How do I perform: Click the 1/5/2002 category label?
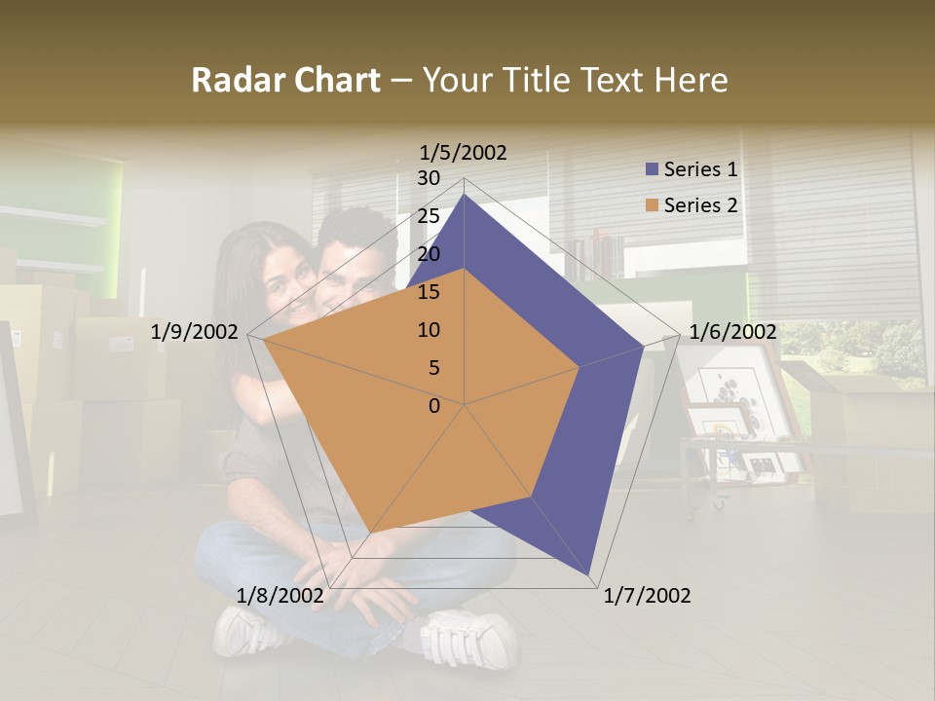pos(464,152)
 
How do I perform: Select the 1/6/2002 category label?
pos(732,332)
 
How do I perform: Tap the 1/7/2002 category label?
pos(647,596)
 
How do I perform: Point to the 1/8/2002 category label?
pos(280,596)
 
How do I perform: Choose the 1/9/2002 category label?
pos(195,332)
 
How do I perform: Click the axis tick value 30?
pos(429,178)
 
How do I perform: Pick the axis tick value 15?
pos(429,292)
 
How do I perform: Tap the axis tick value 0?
pos(434,405)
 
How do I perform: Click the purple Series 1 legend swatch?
pos(652,169)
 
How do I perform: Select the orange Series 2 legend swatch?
pos(652,205)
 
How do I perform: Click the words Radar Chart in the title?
pos(285,80)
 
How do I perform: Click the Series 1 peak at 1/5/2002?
pos(465,195)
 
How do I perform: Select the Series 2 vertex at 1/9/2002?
pos(264,340)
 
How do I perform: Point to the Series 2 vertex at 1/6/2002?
pos(580,367)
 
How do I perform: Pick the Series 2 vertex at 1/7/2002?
pos(532,498)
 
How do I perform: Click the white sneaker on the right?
pos(470,638)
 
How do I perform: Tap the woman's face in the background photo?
pos(282,277)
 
